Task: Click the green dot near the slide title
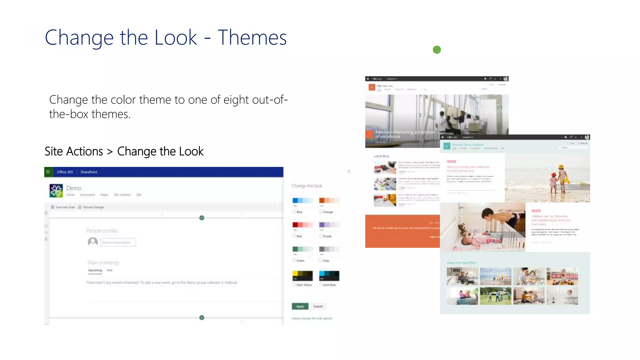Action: [x=437, y=50]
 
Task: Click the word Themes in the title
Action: [x=252, y=38]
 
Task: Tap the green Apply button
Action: [x=300, y=306]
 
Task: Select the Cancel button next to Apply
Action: [x=318, y=306]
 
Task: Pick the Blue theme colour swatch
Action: [x=302, y=201]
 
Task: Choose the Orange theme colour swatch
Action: [x=329, y=201]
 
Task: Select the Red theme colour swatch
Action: [x=302, y=225]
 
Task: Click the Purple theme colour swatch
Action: [x=329, y=225]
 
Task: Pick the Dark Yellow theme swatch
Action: [x=302, y=276]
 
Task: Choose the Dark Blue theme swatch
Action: [x=329, y=276]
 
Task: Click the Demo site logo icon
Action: [x=56, y=191]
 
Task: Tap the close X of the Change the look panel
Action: [x=349, y=171]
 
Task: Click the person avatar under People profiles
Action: [x=93, y=242]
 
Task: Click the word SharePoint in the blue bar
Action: [x=89, y=172]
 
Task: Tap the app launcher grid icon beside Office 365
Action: [x=48, y=172]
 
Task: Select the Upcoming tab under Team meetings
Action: [x=95, y=270]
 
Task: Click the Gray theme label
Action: [x=326, y=261]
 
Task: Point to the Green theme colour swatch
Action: [x=302, y=249]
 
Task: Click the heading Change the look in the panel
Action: [x=307, y=186]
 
